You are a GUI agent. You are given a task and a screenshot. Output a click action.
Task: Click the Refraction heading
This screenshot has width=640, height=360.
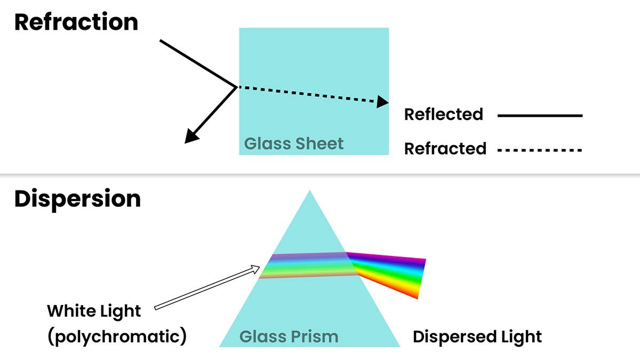click(x=76, y=22)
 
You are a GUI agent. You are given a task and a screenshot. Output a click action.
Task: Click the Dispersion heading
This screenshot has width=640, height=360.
click(x=77, y=199)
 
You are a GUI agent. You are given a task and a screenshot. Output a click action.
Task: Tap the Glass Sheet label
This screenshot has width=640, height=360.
click(x=294, y=143)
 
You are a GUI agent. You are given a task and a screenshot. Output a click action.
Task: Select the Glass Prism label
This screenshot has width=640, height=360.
click(x=289, y=337)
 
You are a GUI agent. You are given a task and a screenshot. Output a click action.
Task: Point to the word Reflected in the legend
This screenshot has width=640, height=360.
click(x=443, y=114)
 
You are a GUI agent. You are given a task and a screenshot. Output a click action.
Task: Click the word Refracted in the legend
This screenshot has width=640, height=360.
click(x=445, y=148)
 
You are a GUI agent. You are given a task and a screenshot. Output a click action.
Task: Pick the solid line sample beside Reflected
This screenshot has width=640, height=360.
click(x=539, y=115)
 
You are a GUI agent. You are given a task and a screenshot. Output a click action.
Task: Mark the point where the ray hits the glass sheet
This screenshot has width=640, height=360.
click(x=237, y=86)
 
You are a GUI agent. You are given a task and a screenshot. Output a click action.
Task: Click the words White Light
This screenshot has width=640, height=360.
click(x=94, y=311)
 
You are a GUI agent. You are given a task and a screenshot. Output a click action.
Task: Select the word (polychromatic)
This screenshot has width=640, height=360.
click(x=117, y=337)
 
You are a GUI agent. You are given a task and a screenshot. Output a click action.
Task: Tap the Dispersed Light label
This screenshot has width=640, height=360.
click(x=477, y=337)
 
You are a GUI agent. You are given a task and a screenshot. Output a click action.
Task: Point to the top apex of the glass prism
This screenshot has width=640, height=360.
click(x=310, y=191)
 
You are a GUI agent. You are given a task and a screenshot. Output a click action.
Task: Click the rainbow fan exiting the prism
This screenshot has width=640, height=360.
click(x=392, y=273)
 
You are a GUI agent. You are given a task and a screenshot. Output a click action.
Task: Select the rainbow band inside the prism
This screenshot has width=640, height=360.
click(x=307, y=265)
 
